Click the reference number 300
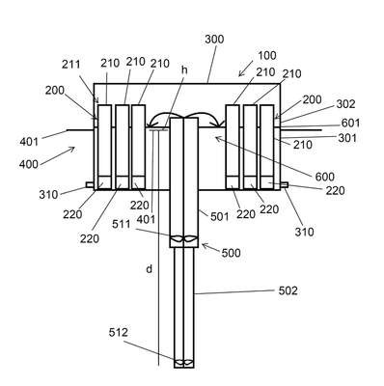[214, 40]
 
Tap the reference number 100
[267, 55]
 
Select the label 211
[70, 65]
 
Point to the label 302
[345, 104]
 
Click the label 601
[350, 123]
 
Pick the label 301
[347, 138]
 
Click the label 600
[324, 177]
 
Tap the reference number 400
[29, 164]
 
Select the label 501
[220, 216]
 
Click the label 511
[122, 224]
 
